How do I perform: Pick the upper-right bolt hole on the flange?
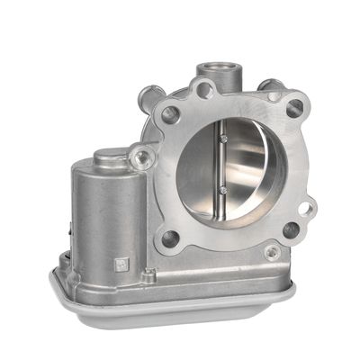coord(293,108)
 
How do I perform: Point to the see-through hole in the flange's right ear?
coord(306,209)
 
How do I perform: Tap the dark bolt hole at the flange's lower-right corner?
coord(291,230)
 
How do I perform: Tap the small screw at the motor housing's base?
coord(150,274)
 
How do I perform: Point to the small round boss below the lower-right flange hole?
coord(272,253)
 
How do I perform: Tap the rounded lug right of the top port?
coord(271,91)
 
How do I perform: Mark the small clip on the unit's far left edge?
coord(62,262)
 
